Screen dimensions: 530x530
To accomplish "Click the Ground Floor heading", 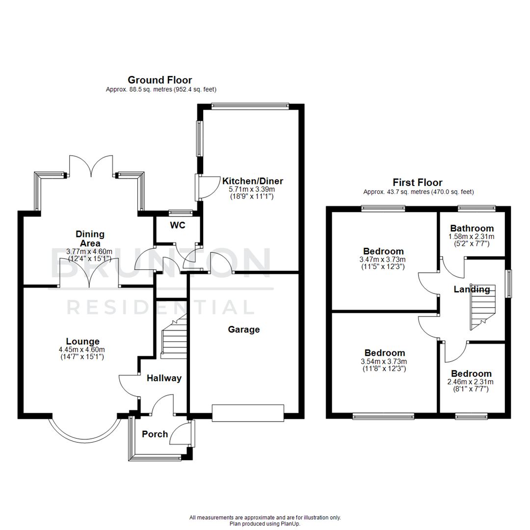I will [159, 80].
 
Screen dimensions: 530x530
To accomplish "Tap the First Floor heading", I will [418, 183].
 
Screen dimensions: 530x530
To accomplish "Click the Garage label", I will [243, 330].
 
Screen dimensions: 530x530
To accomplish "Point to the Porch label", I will [155, 434].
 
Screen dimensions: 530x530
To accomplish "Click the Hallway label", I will [164, 378].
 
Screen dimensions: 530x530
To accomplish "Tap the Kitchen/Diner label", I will [253, 181].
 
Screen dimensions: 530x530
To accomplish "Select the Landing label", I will [472, 290].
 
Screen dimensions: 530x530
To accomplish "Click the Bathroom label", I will [472, 228].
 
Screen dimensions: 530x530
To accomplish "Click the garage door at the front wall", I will [248, 412].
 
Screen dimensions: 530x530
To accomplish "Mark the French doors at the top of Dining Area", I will [91, 165].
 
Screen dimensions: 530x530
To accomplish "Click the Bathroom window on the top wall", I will [476, 208].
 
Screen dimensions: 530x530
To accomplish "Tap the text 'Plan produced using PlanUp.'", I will [265, 524].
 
